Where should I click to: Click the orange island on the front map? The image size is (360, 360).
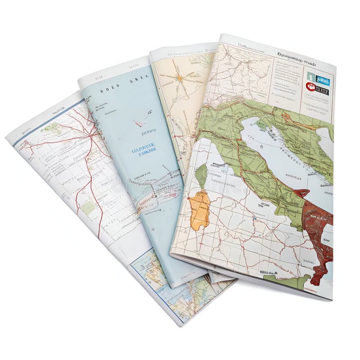199,210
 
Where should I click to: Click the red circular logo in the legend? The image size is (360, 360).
310,86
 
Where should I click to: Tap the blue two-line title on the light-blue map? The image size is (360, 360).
144,151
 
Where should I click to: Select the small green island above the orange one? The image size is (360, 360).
201,175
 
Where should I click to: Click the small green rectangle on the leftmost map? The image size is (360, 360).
88,207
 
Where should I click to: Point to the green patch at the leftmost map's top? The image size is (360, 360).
53,128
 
